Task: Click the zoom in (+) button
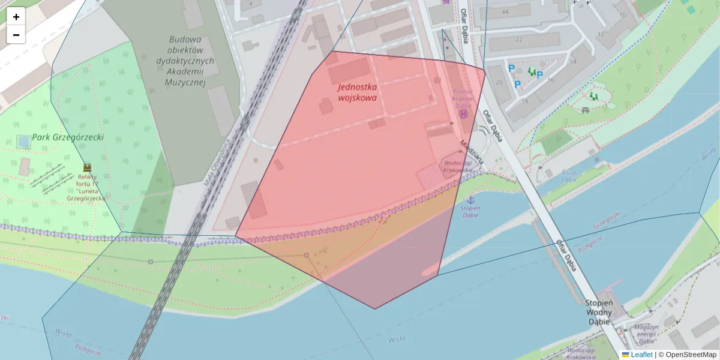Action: click(x=16, y=17)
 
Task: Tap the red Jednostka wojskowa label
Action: click(x=357, y=92)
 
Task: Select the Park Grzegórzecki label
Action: click(x=68, y=137)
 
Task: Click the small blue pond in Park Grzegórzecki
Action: click(x=23, y=142)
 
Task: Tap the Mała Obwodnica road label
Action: click(x=217, y=163)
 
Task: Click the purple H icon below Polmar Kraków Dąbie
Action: click(x=463, y=113)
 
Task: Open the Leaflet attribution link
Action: click(x=641, y=355)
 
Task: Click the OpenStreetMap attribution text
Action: click(x=691, y=355)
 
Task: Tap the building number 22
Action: click(x=518, y=40)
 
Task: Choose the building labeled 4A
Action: click(x=505, y=11)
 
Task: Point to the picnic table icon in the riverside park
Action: click(x=585, y=110)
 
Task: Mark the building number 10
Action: click(x=622, y=15)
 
